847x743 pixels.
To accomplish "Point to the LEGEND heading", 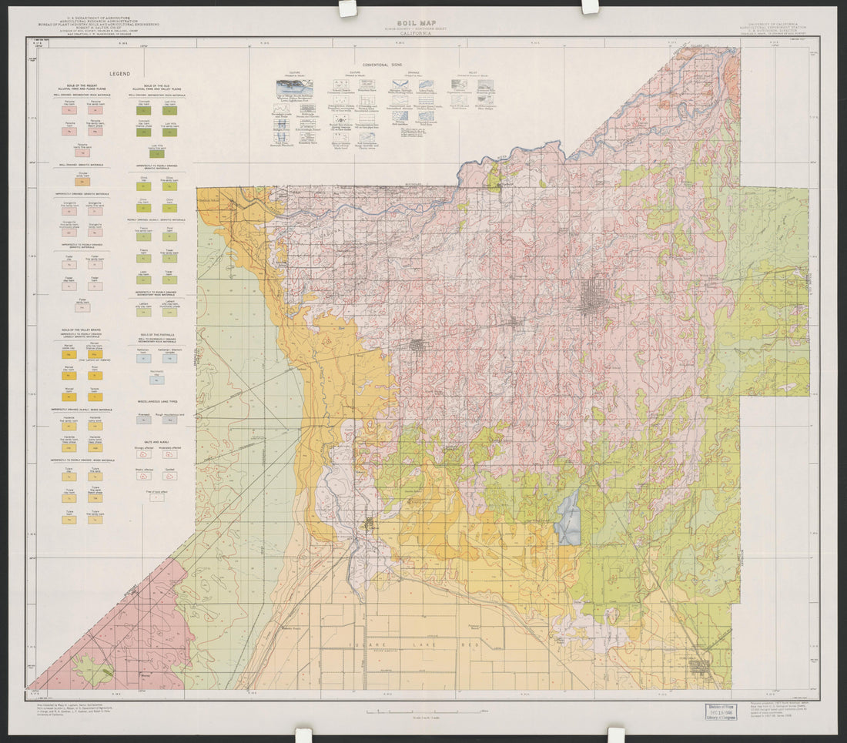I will coord(119,73).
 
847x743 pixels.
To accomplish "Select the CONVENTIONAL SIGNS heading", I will coord(383,66).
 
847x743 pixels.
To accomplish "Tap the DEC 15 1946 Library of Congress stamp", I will coord(720,710).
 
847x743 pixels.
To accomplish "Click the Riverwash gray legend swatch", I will coord(143,420).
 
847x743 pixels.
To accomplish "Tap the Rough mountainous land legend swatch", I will coord(170,420).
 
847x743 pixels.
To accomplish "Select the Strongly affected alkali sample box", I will coord(143,455).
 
